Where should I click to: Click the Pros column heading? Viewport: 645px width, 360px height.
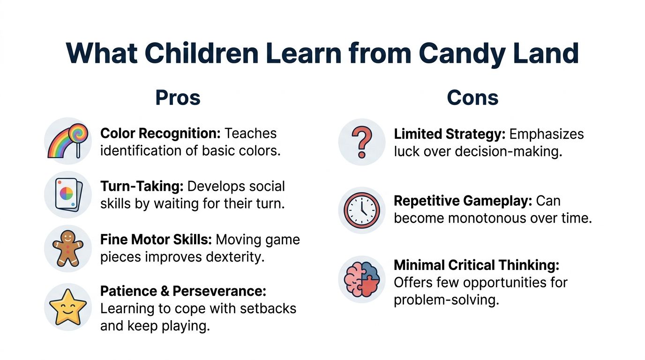pyautogui.click(x=178, y=97)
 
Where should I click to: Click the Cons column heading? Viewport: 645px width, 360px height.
pyautogui.click(x=472, y=97)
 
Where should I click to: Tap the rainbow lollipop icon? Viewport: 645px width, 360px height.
pyautogui.click(x=68, y=141)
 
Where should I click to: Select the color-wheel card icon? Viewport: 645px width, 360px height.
pyautogui.click(x=68, y=194)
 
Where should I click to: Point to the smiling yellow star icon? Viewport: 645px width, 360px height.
pyautogui.click(x=68, y=307)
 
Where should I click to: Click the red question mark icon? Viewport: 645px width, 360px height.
pyautogui.click(x=361, y=142)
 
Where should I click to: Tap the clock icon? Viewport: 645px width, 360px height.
pyautogui.click(x=361, y=210)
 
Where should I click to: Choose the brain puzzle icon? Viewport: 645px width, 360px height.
pyautogui.click(x=361, y=279)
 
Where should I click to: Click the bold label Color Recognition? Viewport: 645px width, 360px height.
pyautogui.click(x=160, y=134)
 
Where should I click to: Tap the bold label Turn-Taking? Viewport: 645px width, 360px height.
pyautogui.click(x=142, y=186)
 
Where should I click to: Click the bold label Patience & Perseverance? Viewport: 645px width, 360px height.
pyautogui.click(x=183, y=291)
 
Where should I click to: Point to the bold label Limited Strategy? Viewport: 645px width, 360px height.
pyautogui.click(x=450, y=134)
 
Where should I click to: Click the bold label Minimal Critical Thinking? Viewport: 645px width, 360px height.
pyautogui.click(x=476, y=265)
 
